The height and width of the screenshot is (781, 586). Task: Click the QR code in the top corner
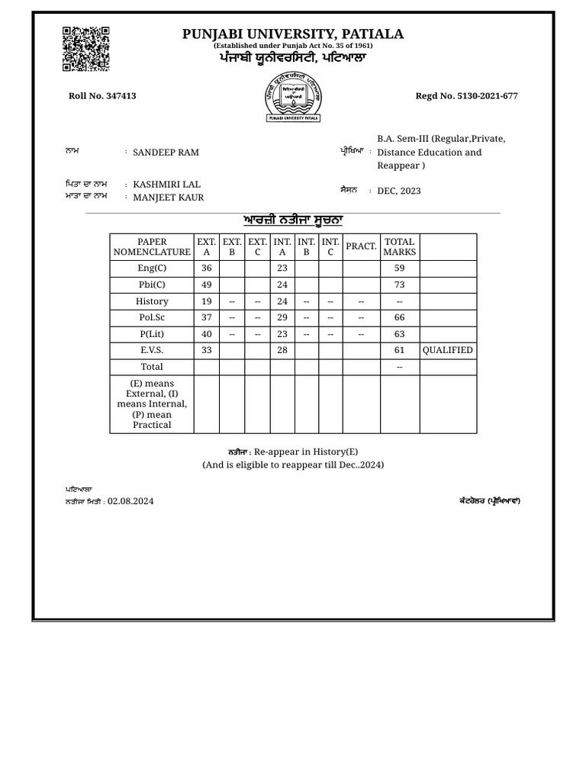click(85, 49)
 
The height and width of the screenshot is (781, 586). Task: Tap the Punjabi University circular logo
click(293, 97)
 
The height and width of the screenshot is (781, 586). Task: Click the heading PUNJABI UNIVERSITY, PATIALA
click(293, 34)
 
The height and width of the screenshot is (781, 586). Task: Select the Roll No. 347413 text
click(102, 96)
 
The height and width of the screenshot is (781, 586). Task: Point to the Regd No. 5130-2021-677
click(466, 96)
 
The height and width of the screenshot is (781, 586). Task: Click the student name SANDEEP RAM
click(166, 153)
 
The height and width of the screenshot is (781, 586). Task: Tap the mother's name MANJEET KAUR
click(168, 198)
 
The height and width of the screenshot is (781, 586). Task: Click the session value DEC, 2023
click(398, 191)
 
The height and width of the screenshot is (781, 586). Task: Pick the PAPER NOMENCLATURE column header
click(152, 247)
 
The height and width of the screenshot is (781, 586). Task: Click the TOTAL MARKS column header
click(400, 247)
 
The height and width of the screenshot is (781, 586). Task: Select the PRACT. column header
click(361, 246)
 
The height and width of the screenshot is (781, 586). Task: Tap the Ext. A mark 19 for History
click(206, 301)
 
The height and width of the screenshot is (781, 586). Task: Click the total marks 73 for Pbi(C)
click(400, 284)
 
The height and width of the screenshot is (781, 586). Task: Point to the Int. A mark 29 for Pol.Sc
click(282, 317)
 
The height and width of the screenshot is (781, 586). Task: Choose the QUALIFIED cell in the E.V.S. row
click(447, 350)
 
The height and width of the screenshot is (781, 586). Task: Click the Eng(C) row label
click(152, 268)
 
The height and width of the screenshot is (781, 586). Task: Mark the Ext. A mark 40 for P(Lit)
click(206, 334)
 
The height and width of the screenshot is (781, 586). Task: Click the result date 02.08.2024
click(130, 501)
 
